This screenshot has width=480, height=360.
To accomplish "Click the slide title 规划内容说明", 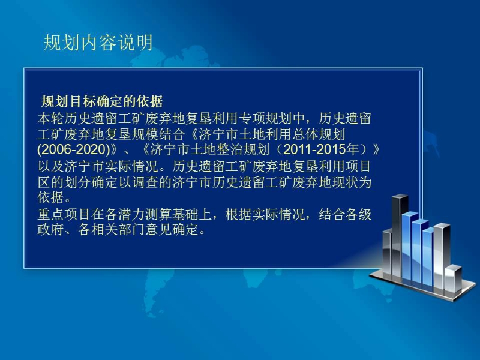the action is pos(98,43).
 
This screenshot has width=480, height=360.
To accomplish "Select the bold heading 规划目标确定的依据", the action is pos(102,101).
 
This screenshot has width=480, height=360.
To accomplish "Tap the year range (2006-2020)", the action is pos(73,149).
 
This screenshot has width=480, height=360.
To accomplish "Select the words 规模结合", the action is pos(158,134).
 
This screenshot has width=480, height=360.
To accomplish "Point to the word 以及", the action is pos(50,166).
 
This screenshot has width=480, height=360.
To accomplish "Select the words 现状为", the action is pos(352,182).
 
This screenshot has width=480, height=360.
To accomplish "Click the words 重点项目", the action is pos(64,214).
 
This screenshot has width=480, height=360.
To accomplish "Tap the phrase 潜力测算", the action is pos(145,214).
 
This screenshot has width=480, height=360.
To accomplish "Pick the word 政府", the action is pos(50,229).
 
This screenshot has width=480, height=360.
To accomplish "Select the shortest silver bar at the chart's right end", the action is pos(453,278).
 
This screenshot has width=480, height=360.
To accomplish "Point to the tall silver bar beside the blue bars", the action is pos(441,256).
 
